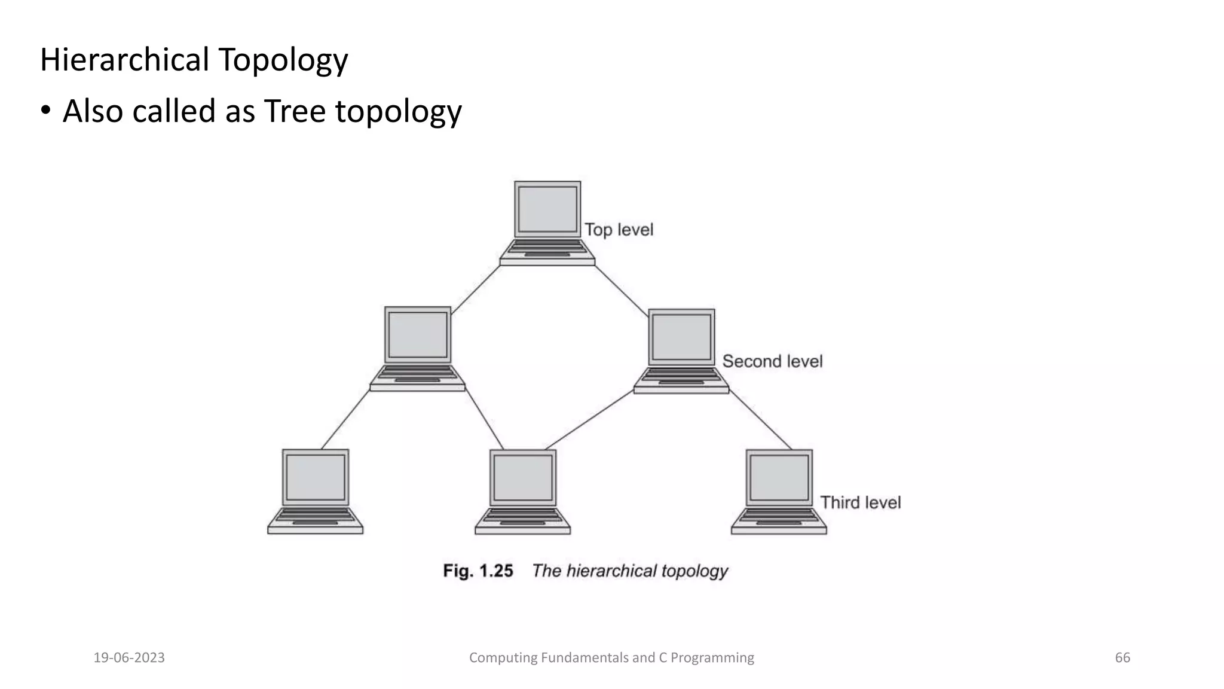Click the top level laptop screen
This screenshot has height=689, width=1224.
click(x=547, y=209)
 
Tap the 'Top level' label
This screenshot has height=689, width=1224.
click(x=619, y=230)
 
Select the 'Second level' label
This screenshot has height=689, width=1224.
click(x=772, y=361)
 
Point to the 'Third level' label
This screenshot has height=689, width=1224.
click(x=860, y=502)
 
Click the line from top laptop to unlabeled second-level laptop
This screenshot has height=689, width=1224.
click(x=476, y=289)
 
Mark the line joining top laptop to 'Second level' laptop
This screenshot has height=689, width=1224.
click(x=622, y=291)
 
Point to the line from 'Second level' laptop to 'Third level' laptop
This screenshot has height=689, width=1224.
click(x=760, y=420)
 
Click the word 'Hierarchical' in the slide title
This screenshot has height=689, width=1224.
click(x=124, y=60)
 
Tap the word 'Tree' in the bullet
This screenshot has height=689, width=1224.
click(x=295, y=111)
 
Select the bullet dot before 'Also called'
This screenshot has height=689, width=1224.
click(x=45, y=112)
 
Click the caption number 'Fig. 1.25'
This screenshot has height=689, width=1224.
click(x=478, y=571)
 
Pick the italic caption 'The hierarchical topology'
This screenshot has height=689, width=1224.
click(x=630, y=571)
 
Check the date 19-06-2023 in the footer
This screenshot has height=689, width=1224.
click(x=129, y=658)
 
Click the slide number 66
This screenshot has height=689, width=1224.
click(x=1122, y=658)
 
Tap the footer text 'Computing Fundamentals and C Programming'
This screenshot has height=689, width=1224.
click(x=611, y=658)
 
